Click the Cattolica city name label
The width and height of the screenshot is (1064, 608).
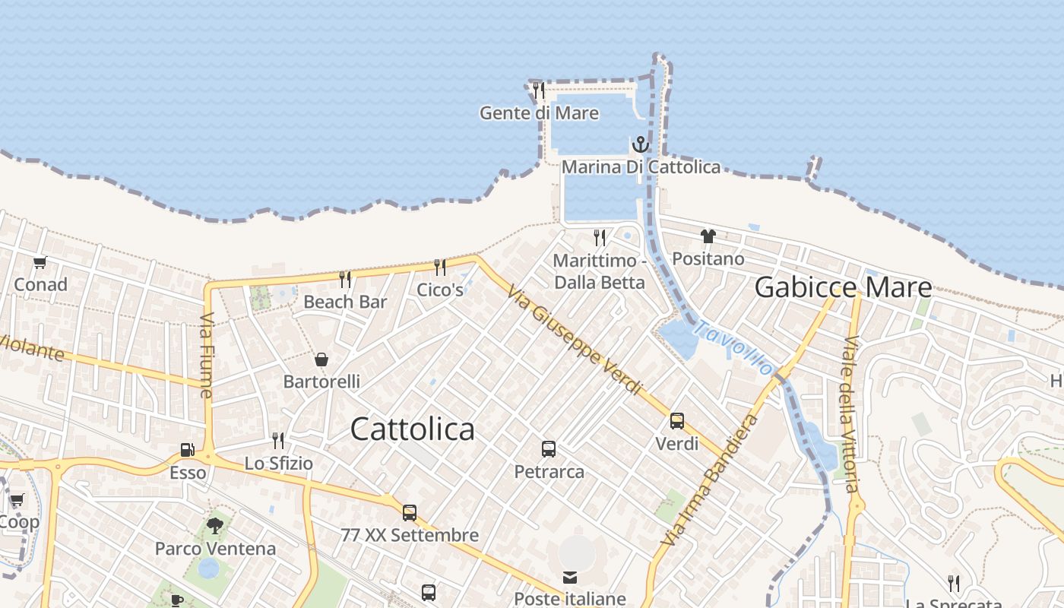(x=412, y=429)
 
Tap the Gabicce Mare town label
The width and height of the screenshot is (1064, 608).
(x=843, y=287)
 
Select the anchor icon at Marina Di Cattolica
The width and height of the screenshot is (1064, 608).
(x=641, y=144)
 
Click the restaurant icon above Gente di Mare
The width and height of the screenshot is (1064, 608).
(x=538, y=90)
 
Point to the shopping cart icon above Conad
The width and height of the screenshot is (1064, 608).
(x=40, y=262)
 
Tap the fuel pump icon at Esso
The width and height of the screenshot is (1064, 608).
(x=187, y=450)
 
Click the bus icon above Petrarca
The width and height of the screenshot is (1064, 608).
(x=549, y=449)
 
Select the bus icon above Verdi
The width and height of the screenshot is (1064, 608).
(x=676, y=420)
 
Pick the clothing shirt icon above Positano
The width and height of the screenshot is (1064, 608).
(x=708, y=236)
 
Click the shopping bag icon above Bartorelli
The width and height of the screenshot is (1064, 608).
(x=321, y=359)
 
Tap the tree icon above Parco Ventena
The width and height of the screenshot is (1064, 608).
(x=215, y=525)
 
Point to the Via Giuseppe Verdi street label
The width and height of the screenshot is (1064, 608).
(x=575, y=340)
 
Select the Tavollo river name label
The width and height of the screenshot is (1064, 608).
(x=734, y=349)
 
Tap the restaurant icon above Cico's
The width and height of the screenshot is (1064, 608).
(x=440, y=267)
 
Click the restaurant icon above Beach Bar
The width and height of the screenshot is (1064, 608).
(x=345, y=279)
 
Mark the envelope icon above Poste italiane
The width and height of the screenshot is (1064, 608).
(x=570, y=578)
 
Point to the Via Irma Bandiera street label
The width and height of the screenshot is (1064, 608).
(x=710, y=480)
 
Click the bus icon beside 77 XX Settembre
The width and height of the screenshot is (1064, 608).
(x=410, y=513)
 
